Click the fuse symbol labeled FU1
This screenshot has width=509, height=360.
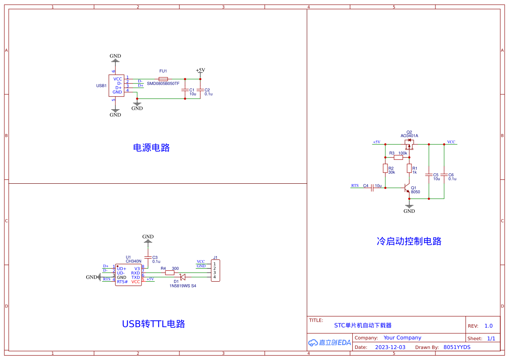coord(163,79)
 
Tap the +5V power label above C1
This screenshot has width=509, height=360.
coord(200,70)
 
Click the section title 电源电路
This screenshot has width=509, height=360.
coord(151,148)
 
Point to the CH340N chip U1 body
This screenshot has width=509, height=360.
coord(128,275)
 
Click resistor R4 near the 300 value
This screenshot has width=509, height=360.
coord(170,273)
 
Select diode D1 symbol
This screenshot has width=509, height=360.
coord(183,277)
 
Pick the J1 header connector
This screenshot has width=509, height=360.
coord(215,270)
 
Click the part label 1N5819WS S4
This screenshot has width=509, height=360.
coord(183,286)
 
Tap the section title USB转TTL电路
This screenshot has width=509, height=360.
coord(154,324)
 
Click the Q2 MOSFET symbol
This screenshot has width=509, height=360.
coord(409,144)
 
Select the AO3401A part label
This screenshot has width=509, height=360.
coord(409,136)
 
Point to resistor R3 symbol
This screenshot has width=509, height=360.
coord(398,158)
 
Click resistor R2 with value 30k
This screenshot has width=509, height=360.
coord(385,168)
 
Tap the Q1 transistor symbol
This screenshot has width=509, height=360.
coord(407,188)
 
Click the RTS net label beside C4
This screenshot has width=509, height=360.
coord(355,185)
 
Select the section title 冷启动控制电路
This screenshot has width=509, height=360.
coord(409,241)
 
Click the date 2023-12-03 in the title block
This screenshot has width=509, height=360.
coord(390,347)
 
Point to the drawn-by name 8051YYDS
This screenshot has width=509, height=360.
coord(457,347)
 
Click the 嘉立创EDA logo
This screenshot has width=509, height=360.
coord(329,343)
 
